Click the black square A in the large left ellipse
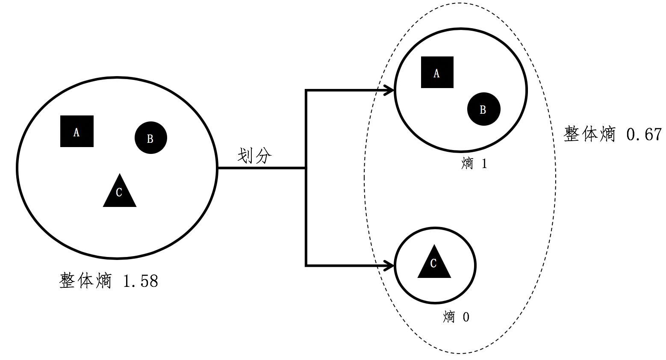pos(77,131)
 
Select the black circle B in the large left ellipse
pos(150,138)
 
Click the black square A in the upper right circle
pos(437,72)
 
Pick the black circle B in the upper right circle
pos(483,109)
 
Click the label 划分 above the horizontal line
pos(254,156)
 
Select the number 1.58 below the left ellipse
pos(140,281)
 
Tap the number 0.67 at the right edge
pos(644,135)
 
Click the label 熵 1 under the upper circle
pos(474,164)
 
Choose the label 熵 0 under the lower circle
pos(456,317)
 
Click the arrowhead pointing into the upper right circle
pos(389,90)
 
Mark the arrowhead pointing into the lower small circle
pos(389,266)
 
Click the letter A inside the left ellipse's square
pos(77,132)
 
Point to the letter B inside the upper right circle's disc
pos(483,110)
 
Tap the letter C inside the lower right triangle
pos(433,263)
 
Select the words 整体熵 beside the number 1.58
pos(85,281)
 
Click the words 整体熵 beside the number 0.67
pos(589,134)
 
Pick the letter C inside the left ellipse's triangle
pos(119,192)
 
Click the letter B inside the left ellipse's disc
pos(150,139)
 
